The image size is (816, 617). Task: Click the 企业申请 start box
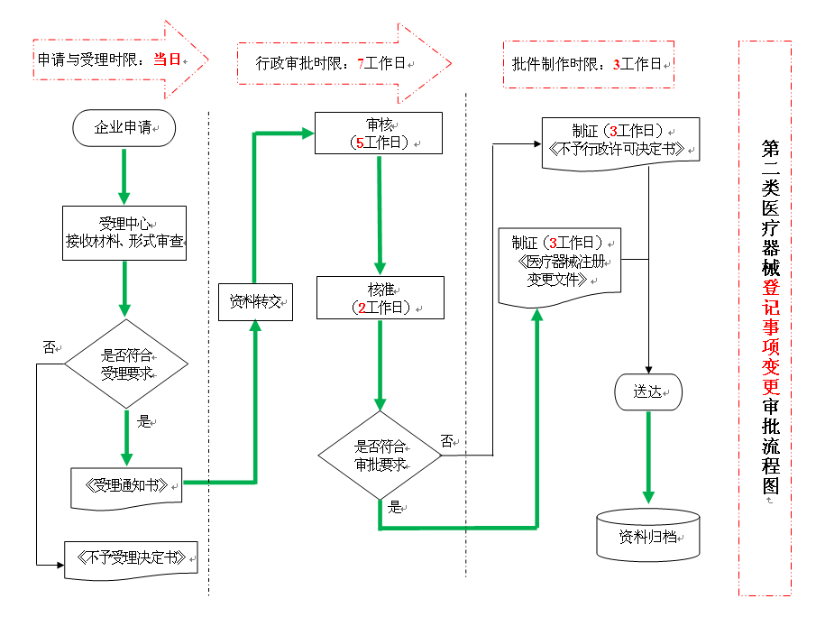(x=124, y=129)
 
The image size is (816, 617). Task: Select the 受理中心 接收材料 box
(x=124, y=233)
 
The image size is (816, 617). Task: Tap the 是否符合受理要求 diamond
(x=125, y=364)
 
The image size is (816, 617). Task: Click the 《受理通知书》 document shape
(x=126, y=485)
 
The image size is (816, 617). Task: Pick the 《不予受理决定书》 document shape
(x=131, y=558)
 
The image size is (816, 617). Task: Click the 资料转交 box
(x=256, y=301)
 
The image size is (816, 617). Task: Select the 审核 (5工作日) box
(x=378, y=134)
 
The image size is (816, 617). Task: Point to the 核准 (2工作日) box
(x=380, y=298)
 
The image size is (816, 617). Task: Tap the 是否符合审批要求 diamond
(x=380, y=456)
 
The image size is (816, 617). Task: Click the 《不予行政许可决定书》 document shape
(x=621, y=141)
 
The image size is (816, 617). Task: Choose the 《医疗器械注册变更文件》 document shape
(x=560, y=262)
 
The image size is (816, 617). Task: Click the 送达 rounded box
(x=648, y=392)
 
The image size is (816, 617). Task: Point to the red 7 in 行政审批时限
(x=361, y=64)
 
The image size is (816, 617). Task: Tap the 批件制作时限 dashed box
(x=588, y=64)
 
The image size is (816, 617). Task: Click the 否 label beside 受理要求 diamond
(x=50, y=346)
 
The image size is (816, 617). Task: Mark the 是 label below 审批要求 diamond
(x=394, y=507)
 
